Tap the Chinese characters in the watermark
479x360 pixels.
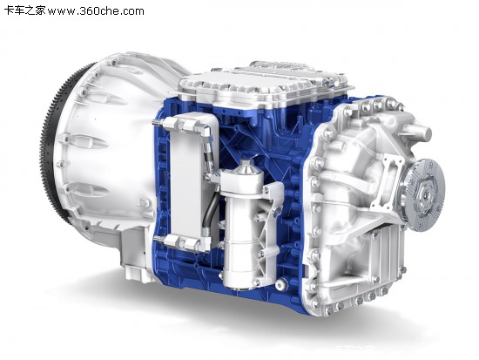coord(25,11)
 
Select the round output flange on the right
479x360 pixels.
coord(423,194)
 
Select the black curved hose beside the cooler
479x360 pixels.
coord(209,211)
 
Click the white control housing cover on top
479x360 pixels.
coord(262,84)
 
